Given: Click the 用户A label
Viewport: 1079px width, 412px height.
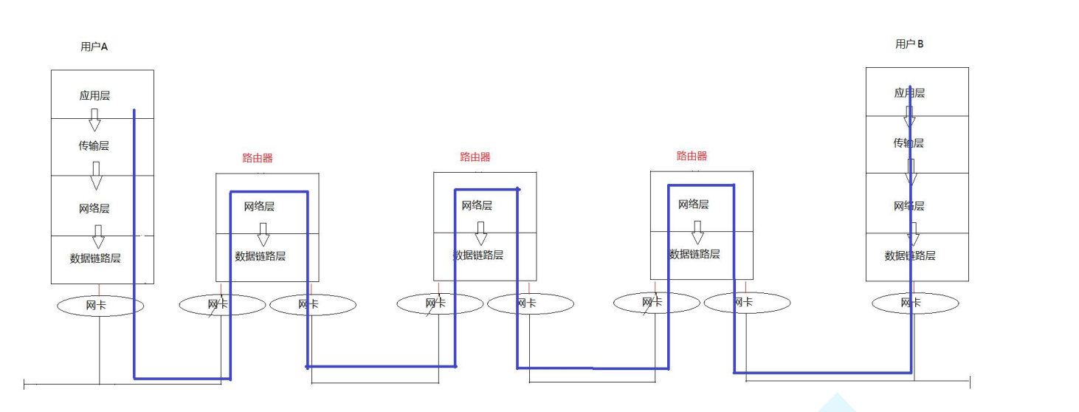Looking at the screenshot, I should pos(94,47).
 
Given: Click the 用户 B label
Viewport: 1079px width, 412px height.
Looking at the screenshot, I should pos(909,44).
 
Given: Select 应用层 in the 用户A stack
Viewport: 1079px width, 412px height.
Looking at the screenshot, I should pos(94,96).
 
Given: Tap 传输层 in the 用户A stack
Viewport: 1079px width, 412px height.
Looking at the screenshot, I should pos(94,146).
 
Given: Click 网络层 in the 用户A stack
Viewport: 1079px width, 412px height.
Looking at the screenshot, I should pos(94,209).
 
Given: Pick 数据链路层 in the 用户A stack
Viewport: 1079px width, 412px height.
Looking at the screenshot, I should pos(95,258).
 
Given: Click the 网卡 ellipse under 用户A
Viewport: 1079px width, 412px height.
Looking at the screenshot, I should pos(100,305).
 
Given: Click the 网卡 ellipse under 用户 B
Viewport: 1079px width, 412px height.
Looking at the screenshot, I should pos(915,303).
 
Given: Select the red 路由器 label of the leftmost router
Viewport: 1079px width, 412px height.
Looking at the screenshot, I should pos(258,158).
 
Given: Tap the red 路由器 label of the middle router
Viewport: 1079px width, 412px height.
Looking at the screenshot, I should pos(475,157).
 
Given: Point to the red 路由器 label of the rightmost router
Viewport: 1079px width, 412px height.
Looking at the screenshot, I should pos(692,157).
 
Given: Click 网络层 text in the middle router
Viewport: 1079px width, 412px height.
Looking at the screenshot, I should pos(477,205).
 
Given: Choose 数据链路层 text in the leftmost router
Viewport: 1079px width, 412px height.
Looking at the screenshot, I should pos(261,256).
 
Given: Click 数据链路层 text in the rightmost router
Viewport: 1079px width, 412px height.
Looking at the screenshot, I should pos(694,254).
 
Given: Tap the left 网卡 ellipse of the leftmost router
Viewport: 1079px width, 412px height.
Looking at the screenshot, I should pos(222,304).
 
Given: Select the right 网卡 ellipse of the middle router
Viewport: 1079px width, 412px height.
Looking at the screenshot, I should pos(531,303).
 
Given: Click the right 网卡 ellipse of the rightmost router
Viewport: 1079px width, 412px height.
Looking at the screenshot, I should pos(747,303).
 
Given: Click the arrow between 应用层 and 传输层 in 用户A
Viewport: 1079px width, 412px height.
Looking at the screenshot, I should pos(94,120).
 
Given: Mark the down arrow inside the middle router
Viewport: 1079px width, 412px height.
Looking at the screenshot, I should pos(481,233).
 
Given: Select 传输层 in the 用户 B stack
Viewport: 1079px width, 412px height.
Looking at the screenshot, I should pos(909,143).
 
